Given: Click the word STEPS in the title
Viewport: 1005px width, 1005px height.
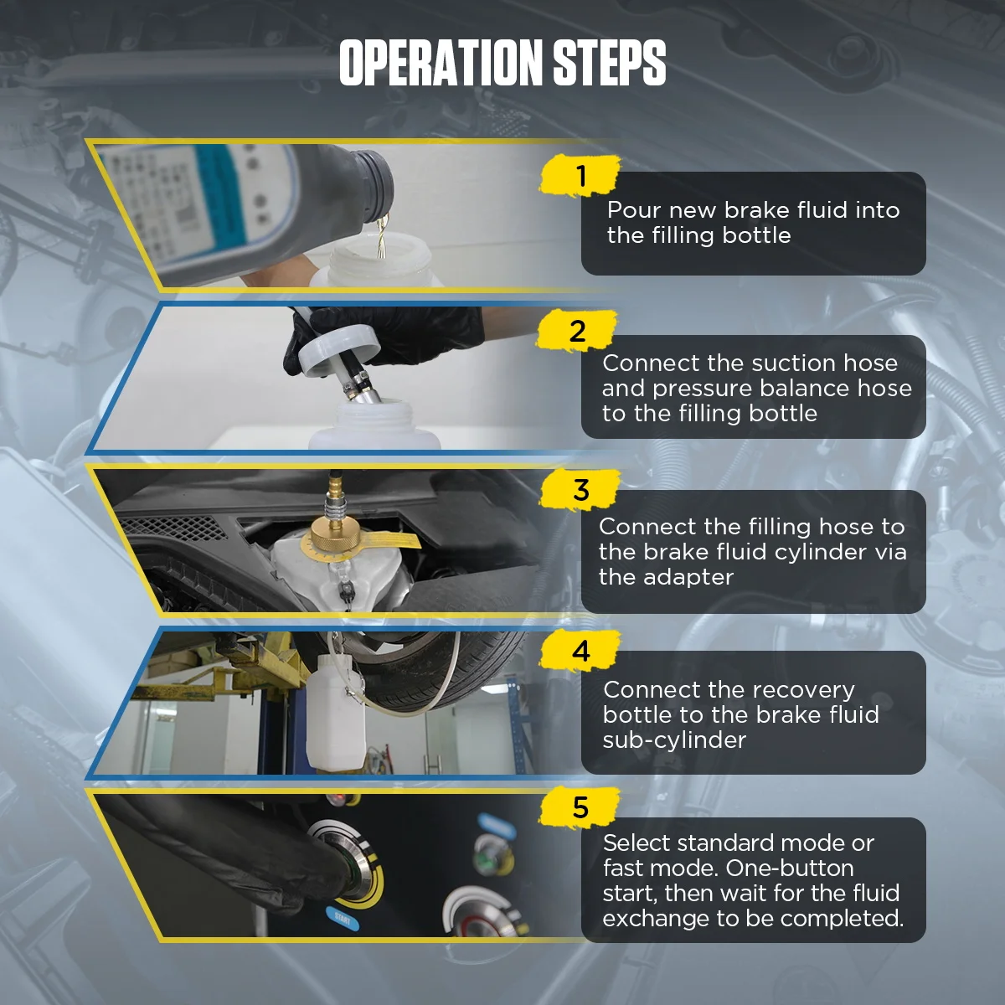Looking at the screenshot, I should [x=609, y=63].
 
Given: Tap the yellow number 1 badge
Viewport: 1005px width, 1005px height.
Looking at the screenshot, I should [x=581, y=177].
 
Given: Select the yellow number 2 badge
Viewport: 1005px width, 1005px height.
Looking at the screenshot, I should [x=578, y=332].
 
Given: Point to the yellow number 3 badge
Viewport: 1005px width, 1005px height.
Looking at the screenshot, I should [x=581, y=490].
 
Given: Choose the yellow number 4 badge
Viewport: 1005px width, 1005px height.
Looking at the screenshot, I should [x=581, y=651].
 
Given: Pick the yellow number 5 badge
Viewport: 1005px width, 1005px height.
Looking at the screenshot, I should [x=581, y=808].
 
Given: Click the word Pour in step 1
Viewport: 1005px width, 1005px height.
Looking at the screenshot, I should [x=634, y=210].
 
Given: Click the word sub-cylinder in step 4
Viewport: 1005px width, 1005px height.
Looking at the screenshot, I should [x=674, y=740].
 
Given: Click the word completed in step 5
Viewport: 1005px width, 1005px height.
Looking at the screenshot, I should [x=844, y=919].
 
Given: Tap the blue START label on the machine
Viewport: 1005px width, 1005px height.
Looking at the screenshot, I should [x=341, y=917].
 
